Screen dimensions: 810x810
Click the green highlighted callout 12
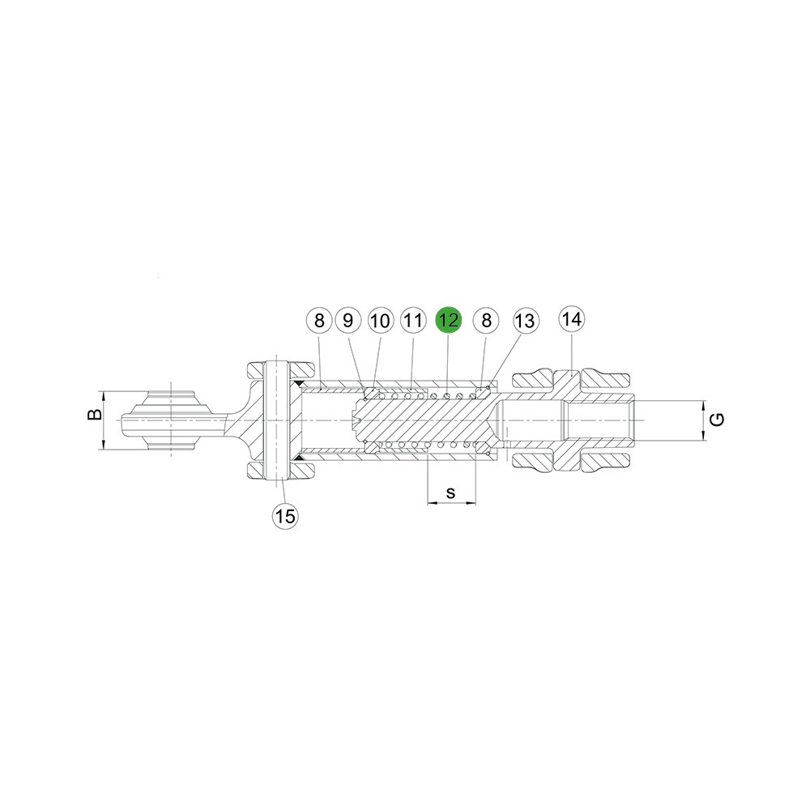[449, 320]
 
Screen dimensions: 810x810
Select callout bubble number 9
[348, 320]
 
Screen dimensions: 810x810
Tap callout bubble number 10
[380, 321]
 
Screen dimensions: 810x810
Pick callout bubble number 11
[413, 320]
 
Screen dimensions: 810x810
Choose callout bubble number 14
[572, 319]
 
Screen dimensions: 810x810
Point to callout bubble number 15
[286, 515]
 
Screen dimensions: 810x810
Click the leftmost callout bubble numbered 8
[319, 320]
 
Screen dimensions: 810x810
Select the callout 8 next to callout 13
[486, 320]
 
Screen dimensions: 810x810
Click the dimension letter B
[95, 414]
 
